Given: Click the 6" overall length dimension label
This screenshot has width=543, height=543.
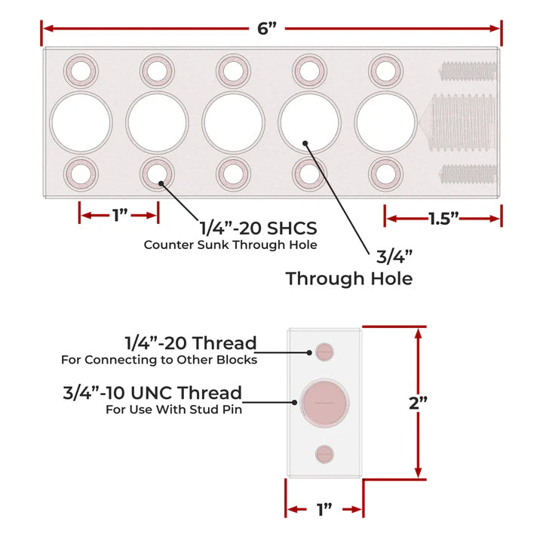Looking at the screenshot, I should click(268, 29).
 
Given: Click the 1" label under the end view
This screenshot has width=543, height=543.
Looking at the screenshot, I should click(324, 510).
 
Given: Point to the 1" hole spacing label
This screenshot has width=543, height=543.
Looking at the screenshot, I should click(119, 216).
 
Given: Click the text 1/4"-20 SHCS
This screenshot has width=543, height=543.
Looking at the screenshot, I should click(257, 227).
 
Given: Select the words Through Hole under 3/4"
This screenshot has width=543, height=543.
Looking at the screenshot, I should click(348, 278).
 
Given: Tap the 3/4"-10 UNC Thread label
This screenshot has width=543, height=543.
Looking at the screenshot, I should click(153, 393).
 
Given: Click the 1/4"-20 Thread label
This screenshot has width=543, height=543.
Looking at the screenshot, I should click(191, 343).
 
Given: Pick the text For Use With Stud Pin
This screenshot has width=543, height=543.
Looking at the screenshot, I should click(173, 410).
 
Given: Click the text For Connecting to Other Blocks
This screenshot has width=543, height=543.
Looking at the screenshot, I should click(159, 360).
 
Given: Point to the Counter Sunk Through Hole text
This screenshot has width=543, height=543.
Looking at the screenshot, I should click(230, 244).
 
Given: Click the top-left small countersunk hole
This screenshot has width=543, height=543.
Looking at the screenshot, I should click(81, 71).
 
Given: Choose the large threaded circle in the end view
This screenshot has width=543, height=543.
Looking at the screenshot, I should click(324, 401).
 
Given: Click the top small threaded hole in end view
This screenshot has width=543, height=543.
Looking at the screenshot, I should click(325, 351).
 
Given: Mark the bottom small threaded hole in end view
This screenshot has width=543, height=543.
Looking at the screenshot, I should click(325, 453).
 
